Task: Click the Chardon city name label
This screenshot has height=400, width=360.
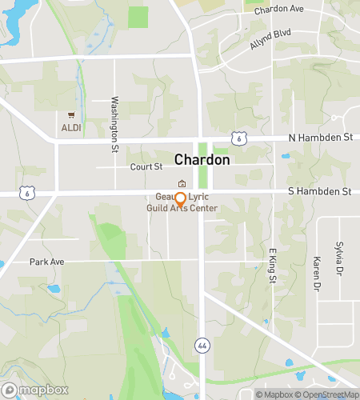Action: (202, 159)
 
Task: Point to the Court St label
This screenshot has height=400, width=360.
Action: (146, 167)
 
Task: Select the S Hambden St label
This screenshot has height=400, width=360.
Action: (319, 192)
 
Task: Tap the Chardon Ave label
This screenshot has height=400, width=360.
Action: (279, 10)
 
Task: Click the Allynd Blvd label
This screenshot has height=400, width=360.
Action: (270, 40)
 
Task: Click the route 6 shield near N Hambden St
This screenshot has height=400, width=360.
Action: (238, 138)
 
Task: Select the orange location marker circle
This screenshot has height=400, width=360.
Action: (180, 198)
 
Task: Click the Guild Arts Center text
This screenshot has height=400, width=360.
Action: (182, 208)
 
